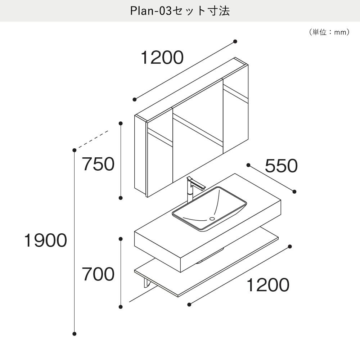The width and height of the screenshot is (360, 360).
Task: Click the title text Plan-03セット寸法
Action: point(180,11)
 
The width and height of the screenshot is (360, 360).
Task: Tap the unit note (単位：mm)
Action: point(329,32)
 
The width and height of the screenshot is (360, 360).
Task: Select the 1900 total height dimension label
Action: point(45,240)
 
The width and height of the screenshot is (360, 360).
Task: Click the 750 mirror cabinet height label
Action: point(98,164)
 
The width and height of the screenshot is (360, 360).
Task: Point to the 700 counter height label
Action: point(98,274)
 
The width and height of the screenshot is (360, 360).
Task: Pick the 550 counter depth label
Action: point(281,166)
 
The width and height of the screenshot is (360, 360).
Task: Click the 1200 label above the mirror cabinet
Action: point(162,57)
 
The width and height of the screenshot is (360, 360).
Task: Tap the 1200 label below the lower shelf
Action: point(268,285)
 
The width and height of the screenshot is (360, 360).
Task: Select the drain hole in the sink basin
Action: point(212,219)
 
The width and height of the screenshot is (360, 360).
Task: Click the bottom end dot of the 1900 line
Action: point(74,334)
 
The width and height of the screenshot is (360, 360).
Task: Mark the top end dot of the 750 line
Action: point(121,123)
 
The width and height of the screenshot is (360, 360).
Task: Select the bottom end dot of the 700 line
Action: point(121,307)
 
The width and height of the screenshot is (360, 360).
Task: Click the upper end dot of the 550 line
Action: point(248,165)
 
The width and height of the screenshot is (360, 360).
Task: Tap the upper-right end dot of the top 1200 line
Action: point(235,41)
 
